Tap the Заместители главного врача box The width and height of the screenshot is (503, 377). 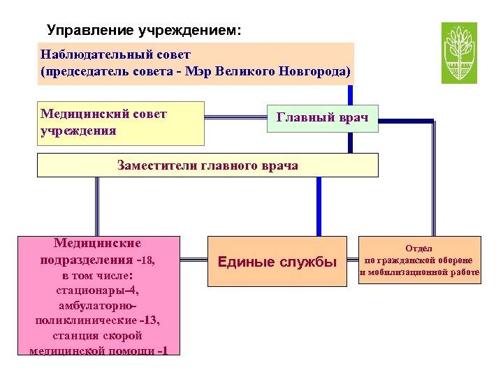207,165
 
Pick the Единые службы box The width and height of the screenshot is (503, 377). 277,262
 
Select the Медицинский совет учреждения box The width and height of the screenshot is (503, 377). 120,123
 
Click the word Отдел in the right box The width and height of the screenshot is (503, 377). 420,248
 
